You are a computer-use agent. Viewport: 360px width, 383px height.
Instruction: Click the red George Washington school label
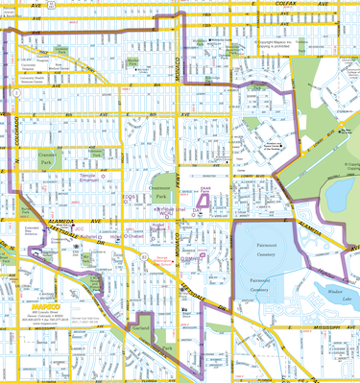[x=163, y=260]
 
